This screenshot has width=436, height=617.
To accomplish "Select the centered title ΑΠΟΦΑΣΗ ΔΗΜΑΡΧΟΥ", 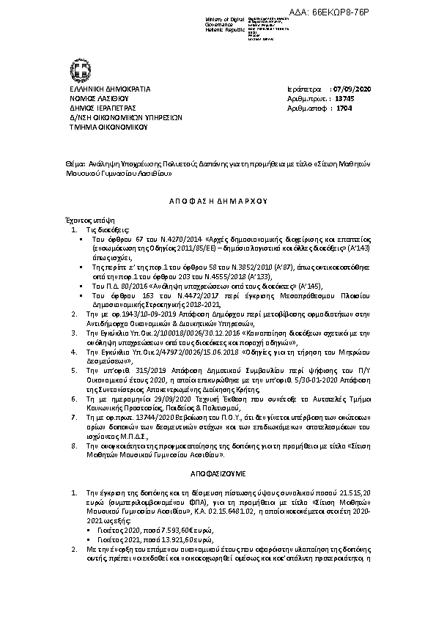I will pyautogui.click(x=218, y=199).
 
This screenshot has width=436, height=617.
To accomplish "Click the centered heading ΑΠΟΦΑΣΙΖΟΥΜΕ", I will pyautogui.click(x=218, y=474).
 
